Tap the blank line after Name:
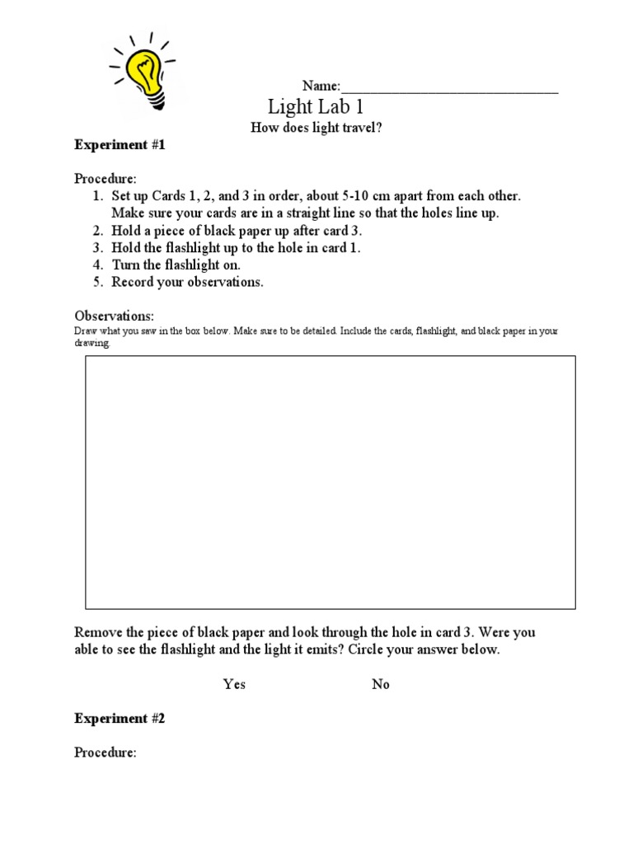pos(449,87)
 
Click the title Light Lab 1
pos(316,107)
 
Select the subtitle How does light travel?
pos(316,128)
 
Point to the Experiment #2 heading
pos(120,719)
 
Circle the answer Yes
pos(234,685)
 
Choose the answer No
pos(381,685)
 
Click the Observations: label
pos(115,316)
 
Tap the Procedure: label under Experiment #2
pos(105,753)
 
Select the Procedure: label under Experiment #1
pos(105,180)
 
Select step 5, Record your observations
pos(188,283)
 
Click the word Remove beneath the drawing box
pos(100,633)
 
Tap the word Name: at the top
pos(321,87)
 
